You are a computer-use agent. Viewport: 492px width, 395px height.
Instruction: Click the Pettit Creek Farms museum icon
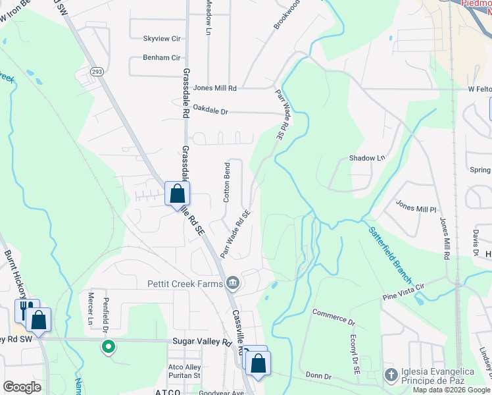[232, 284]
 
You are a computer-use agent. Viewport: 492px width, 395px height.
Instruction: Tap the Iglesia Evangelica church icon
[391, 375]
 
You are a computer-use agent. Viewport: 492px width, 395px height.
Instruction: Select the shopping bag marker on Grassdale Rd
[177, 194]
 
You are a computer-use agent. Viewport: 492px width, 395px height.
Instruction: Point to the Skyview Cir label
[162, 39]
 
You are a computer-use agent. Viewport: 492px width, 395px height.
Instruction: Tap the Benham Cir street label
[162, 58]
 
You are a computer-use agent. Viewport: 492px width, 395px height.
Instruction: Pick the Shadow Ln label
[367, 158]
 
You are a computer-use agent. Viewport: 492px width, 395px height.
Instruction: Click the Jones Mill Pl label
[416, 207]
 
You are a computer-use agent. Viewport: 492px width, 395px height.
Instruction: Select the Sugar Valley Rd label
[203, 342]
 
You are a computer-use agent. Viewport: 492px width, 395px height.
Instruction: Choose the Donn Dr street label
[319, 375]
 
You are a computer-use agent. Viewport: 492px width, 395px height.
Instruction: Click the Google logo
[22, 387]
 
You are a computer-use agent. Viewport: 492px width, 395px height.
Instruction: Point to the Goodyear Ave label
[221, 392]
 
